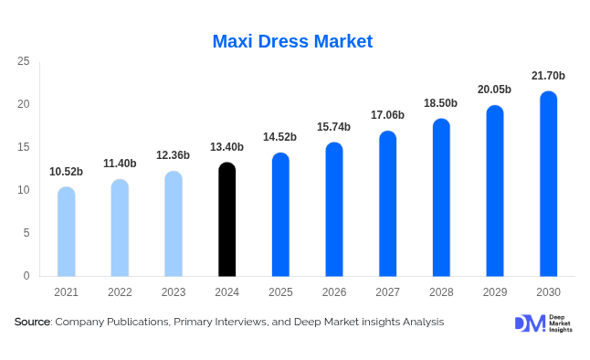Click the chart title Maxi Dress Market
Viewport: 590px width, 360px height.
pos(292,41)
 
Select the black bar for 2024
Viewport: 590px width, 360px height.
pos(227,219)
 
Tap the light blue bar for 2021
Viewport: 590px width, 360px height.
pos(67,232)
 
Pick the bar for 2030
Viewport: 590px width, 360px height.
pos(548,184)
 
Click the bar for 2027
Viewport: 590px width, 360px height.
pos(388,204)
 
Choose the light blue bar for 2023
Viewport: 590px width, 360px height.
pos(174,224)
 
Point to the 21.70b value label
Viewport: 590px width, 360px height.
pos(548,75)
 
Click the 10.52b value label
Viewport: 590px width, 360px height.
pos(67,172)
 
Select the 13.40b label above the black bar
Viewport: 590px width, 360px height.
pos(227,147)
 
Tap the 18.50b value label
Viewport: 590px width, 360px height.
pos(441,103)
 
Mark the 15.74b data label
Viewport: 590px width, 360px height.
pos(334,127)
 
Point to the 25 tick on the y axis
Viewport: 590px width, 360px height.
pos(24,61)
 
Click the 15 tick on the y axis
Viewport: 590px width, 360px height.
pos(24,147)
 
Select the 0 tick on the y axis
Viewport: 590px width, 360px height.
pos(26,276)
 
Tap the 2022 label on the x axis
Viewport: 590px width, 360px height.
pos(120,292)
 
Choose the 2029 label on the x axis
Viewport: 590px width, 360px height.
pos(494,292)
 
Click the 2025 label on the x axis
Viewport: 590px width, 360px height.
pos(280,292)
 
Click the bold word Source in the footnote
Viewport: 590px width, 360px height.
pos(33,322)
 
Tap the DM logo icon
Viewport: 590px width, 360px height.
pos(529,323)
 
